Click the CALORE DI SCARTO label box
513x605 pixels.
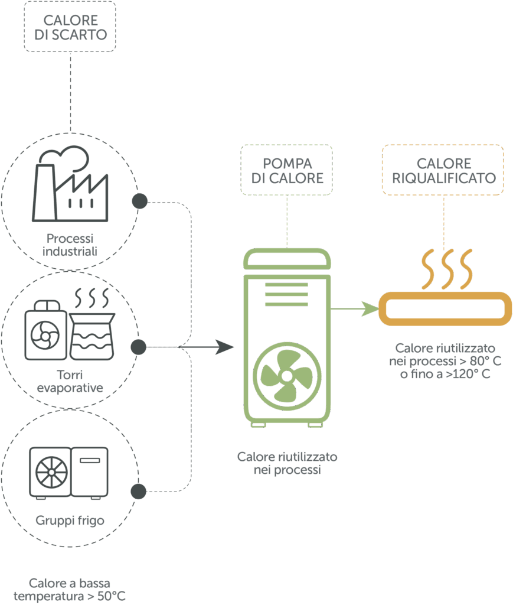point(70,27)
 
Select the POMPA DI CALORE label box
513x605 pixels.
point(287,170)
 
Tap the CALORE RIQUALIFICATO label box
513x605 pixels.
point(443,170)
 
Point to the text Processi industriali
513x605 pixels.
point(70,245)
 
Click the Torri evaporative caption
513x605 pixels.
point(70,381)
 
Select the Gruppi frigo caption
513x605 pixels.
point(70,521)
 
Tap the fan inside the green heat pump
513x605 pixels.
point(287,376)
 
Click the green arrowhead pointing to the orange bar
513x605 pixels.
point(371,308)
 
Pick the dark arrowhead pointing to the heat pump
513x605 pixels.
point(225,347)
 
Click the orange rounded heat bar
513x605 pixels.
point(445,308)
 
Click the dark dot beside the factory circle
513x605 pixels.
point(139,201)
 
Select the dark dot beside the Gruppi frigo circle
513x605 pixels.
point(139,491)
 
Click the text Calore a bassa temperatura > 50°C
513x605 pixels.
point(70,590)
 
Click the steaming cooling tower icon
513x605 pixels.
point(91,326)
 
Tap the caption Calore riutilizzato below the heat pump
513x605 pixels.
point(287,464)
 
